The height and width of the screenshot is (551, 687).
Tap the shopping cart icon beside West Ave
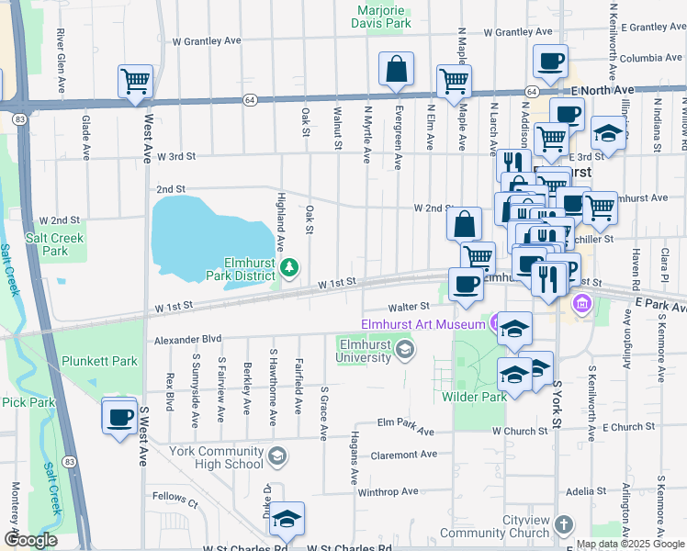pyautogui.click(x=135, y=81)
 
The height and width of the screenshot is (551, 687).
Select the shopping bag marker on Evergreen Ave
pyautogui.click(x=396, y=69)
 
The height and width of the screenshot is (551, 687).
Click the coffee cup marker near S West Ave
pyautogui.click(x=119, y=418)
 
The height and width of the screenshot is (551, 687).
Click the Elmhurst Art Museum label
pyautogui.click(x=422, y=323)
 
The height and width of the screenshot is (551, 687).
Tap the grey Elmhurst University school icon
pyautogui.click(x=404, y=350)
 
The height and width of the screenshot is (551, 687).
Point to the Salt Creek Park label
pyautogui.click(x=48, y=243)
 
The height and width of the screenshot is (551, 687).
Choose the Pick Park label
pyautogui.click(x=28, y=402)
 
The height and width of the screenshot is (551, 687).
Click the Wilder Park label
pyautogui.click(x=474, y=397)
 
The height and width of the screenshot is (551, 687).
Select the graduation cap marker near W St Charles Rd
pyautogui.click(x=287, y=520)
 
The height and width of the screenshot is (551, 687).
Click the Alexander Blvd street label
pyautogui.click(x=188, y=340)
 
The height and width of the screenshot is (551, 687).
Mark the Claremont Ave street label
pyautogui.click(x=404, y=455)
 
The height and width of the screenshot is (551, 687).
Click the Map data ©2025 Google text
pyautogui.click(x=630, y=544)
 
